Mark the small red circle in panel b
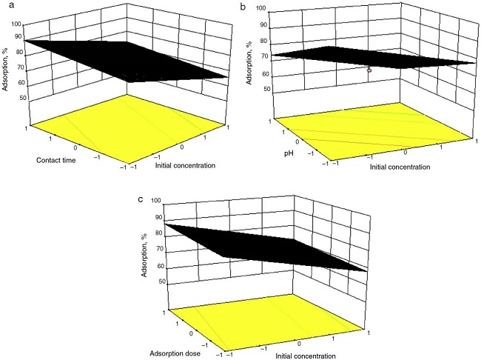point(369,70)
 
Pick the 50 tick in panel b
point(266,89)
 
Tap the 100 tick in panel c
point(156,200)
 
